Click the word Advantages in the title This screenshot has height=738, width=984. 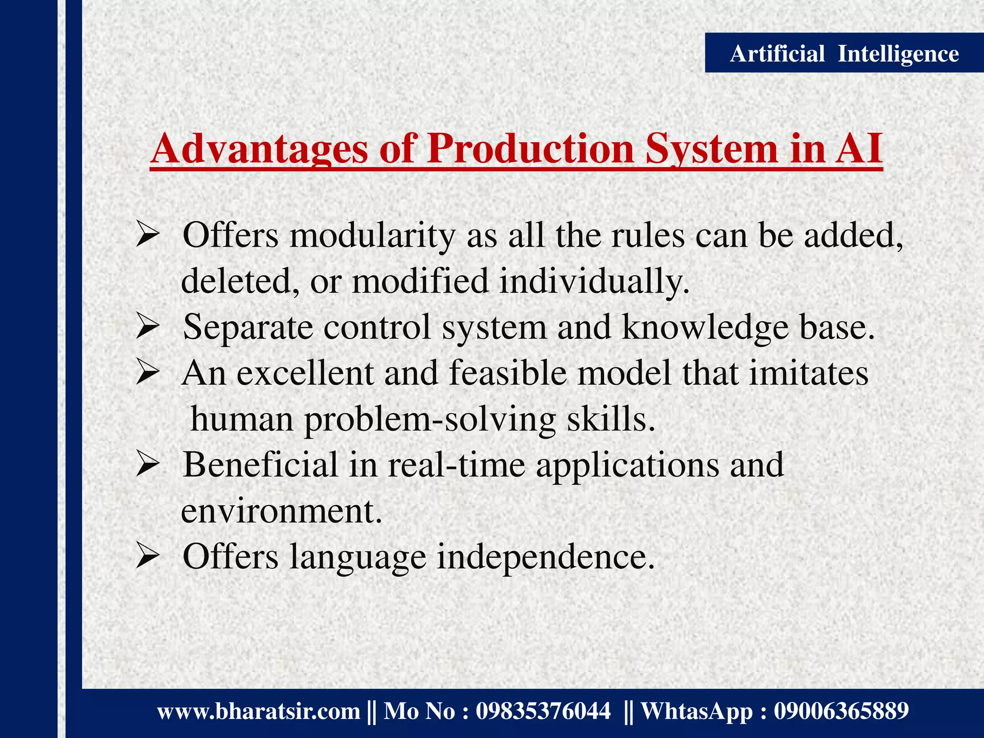(x=259, y=149)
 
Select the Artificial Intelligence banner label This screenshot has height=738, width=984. (x=844, y=53)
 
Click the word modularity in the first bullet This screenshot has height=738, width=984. (x=372, y=236)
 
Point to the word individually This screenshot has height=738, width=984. (x=594, y=282)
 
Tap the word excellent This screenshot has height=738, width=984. (x=305, y=374)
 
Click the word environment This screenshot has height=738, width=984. (x=281, y=511)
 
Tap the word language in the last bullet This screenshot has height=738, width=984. (x=357, y=557)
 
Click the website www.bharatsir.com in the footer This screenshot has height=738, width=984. (x=258, y=711)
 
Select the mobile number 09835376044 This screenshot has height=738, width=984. (x=543, y=711)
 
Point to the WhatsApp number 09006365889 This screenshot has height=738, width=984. (x=841, y=711)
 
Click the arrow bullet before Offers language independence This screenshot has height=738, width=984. (x=147, y=557)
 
